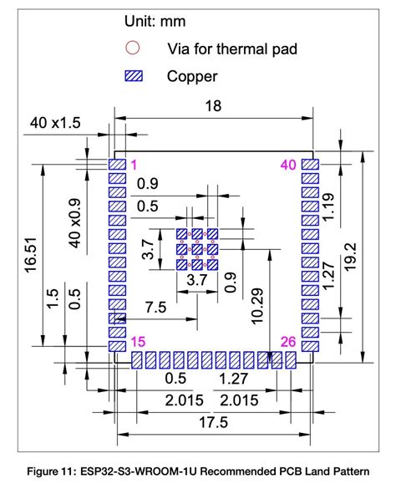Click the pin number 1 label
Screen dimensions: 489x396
click(x=134, y=165)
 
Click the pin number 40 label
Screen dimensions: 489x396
click(x=289, y=165)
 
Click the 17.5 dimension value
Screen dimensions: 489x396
click(x=214, y=423)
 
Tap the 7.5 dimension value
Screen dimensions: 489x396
click(x=156, y=308)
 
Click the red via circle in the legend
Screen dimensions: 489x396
click(x=133, y=48)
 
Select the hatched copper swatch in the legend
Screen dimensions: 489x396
click(x=133, y=76)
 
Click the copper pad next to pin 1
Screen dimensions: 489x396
click(x=117, y=165)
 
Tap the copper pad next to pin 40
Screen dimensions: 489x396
click(x=310, y=165)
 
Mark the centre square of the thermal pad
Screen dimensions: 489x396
click(x=197, y=249)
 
